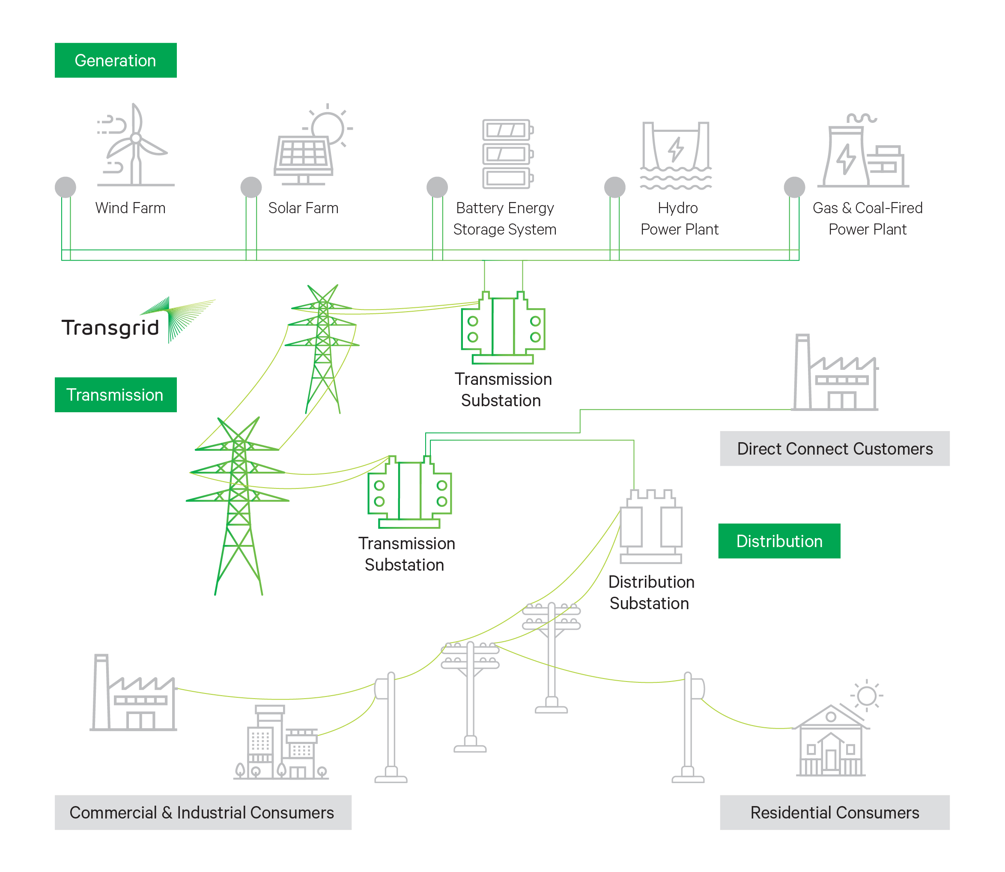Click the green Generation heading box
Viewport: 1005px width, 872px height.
pos(115,60)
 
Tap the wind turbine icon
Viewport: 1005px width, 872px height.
pos(135,146)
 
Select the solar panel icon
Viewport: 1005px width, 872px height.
pos(304,153)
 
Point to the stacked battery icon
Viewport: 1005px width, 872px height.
pos(507,154)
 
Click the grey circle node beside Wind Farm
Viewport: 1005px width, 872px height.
pos(65,187)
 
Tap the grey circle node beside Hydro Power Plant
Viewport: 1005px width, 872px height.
pos(614,187)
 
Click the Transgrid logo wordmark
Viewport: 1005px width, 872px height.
pos(110,327)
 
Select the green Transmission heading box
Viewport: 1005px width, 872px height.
pos(115,395)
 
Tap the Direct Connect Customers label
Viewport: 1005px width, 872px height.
pos(834,448)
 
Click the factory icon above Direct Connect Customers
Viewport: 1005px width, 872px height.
pos(835,375)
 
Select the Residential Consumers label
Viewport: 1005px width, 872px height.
pos(834,812)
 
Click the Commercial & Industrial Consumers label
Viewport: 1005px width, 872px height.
pos(203,812)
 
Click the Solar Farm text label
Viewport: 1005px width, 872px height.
pos(303,208)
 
